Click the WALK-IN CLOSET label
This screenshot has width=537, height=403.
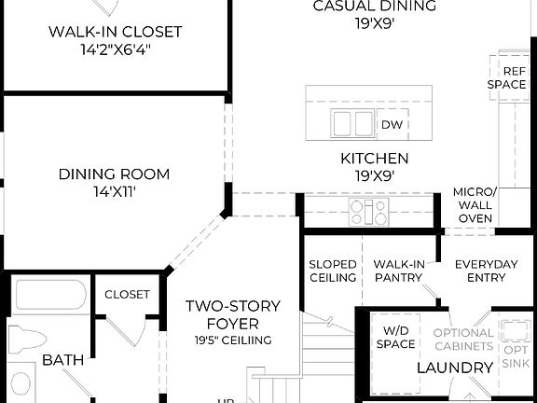pyautogui.click(x=116, y=33)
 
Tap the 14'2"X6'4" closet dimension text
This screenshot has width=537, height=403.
pyautogui.click(x=116, y=49)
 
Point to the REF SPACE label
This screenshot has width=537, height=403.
pyautogui.click(x=506, y=77)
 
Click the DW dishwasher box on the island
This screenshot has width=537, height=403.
pyautogui.click(x=390, y=124)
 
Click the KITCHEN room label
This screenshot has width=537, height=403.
pyautogui.click(x=373, y=159)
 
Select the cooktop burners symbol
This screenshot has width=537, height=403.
pyautogui.click(x=368, y=211)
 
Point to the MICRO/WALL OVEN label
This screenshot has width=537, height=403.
pyautogui.click(x=475, y=204)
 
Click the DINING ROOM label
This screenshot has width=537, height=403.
pyautogui.click(x=114, y=174)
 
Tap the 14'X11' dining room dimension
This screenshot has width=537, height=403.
pyautogui.click(x=114, y=191)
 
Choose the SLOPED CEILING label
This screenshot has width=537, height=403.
pyautogui.click(x=333, y=271)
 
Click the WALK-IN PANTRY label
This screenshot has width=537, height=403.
pyautogui.click(x=398, y=271)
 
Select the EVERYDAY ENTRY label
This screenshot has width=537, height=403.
pyautogui.click(x=486, y=271)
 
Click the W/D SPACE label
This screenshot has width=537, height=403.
pyautogui.click(x=396, y=338)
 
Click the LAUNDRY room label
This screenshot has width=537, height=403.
pyautogui.click(x=454, y=368)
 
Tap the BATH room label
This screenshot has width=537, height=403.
pyautogui.click(x=62, y=359)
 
